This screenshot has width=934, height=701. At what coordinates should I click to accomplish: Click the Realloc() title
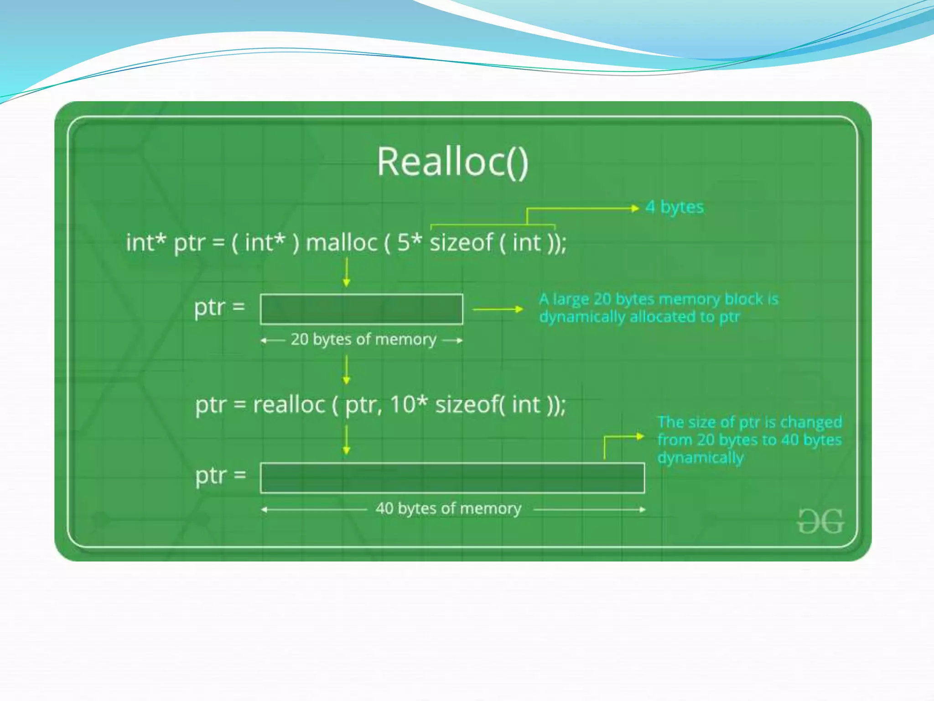[x=452, y=162]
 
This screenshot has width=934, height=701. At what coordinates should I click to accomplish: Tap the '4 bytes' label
[x=675, y=207]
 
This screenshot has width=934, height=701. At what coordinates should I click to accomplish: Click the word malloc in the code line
[x=342, y=242]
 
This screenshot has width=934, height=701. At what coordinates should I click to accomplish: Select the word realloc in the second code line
[x=289, y=404]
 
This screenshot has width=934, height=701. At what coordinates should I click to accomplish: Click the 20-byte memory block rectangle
[x=361, y=309]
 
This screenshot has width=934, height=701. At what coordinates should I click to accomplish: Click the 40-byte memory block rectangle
[x=452, y=478]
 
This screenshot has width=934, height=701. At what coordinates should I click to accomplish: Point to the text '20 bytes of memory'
[x=363, y=340]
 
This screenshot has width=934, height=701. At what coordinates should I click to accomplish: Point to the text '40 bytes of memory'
[x=448, y=508]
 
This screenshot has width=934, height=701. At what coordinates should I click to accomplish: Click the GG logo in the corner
[x=820, y=521]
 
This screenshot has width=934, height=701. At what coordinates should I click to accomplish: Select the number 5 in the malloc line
[x=404, y=242]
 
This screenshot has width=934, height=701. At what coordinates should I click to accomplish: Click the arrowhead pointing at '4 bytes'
[x=635, y=209]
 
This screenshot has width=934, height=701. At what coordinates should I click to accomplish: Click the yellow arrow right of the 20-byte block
[x=498, y=309]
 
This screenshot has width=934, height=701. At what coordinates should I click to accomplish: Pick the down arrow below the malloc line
[x=347, y=272]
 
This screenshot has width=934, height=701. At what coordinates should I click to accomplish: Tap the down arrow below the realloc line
[x=347, y=440]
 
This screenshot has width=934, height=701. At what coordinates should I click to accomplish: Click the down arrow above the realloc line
[x=347, y=370]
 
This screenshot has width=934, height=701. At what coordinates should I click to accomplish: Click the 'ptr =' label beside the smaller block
[x=219, y=307]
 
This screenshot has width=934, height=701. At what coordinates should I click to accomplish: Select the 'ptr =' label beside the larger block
[x=220, y=476]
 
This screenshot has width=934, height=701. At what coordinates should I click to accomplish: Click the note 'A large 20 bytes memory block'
[x=659, y=308]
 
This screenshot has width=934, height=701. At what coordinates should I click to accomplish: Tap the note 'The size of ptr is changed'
[x=749, y=439]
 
